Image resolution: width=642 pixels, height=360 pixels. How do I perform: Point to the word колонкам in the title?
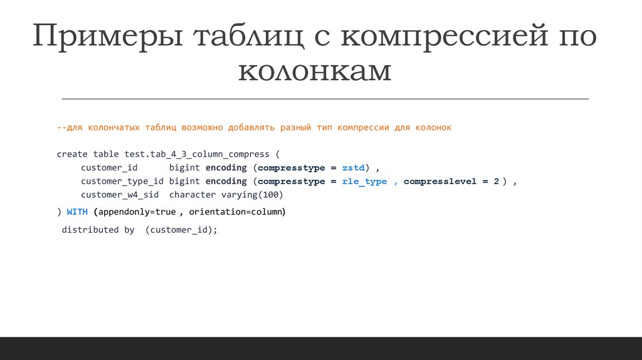click(315, 71)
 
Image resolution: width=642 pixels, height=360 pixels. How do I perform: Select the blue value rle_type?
click(364, 181)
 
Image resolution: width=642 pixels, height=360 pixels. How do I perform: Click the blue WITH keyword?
click(77, 212)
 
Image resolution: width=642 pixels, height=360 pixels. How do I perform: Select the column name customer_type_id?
click(122, 181)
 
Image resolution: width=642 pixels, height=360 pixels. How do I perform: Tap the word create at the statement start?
click(72, 154)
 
